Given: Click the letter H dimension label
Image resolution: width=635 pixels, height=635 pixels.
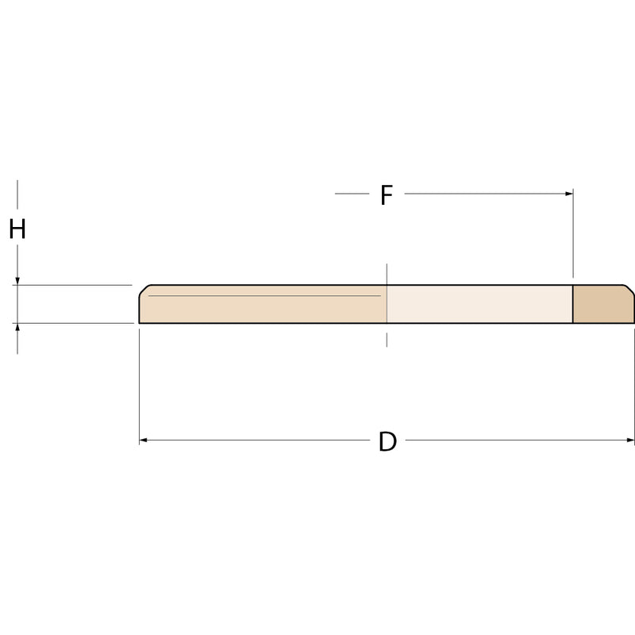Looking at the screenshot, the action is point(17,229).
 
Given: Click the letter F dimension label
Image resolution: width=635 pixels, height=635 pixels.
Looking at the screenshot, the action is point(387,194).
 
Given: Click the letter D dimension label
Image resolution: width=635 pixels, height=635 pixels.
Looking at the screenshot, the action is point(387,441).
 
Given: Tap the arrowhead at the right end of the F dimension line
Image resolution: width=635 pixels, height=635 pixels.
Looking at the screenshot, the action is point(569,194).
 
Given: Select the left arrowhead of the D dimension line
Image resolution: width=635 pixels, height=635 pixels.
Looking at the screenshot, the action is point(143,441).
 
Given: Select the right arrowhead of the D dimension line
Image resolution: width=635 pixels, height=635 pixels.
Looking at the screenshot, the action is point(630,441).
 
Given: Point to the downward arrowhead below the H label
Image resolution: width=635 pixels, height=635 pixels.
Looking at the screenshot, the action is point(17,281).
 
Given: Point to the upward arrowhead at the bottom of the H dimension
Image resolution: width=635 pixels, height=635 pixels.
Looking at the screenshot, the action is point(17,327).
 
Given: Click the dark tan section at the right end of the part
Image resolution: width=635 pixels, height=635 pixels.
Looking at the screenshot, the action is point(603,304).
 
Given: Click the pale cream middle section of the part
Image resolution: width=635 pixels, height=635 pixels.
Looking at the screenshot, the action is point(479,304).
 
